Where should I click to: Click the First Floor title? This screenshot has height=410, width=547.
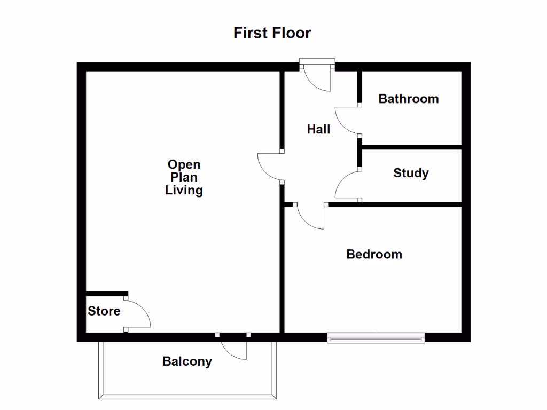tap(272, 33)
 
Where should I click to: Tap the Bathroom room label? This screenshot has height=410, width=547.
tap(408, 99)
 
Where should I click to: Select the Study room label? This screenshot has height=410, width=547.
tap(411, 173)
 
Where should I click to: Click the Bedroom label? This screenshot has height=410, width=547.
tap(374, 254)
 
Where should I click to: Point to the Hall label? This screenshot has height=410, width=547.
tap(318, 129)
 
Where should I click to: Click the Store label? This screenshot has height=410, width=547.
tap(104, 311)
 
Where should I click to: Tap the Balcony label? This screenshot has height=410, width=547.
tap(187, 361)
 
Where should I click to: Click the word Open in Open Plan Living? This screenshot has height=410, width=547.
tap(184, 164)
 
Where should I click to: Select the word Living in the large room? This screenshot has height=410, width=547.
tap(184, 190)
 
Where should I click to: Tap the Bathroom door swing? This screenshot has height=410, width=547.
tap(347, 120)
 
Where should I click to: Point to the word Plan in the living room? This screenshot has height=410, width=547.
tap(184, 177)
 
